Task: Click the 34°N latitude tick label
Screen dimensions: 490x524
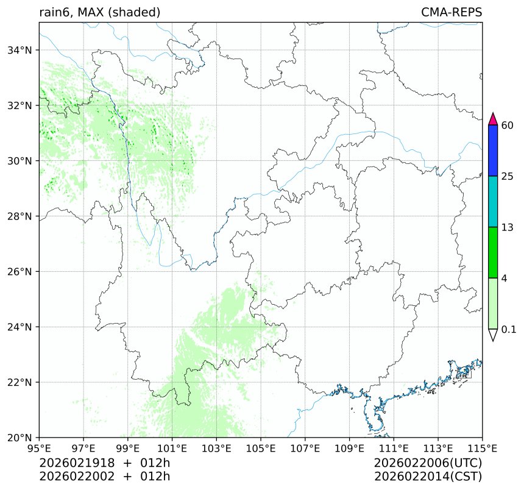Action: tap(21, 50)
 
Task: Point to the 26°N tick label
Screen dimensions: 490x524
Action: tap(21, 272)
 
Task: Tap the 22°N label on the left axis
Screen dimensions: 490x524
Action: tap(21, 383)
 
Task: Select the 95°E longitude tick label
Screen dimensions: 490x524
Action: tap(40, 449)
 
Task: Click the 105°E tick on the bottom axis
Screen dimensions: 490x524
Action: tap(261, 449)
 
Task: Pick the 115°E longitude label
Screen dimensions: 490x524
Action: tap(482, 449)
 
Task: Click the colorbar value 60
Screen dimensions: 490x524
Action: tap(507, 126)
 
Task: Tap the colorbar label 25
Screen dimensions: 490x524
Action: tap(507, 177)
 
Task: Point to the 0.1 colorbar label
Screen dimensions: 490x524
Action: tap(509, 330)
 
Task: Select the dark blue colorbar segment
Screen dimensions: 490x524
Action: tap(494, 151)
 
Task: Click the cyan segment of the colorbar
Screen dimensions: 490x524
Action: tap(494, 202)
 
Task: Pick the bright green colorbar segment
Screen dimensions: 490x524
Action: tap(494, 252)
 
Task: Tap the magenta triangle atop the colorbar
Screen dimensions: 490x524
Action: tap(494, 119)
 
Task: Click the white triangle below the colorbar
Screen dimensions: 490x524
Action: tap(494, 335)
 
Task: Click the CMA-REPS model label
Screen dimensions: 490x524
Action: tap(451, 12)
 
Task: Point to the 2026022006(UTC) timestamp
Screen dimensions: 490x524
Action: tap(428, 463)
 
